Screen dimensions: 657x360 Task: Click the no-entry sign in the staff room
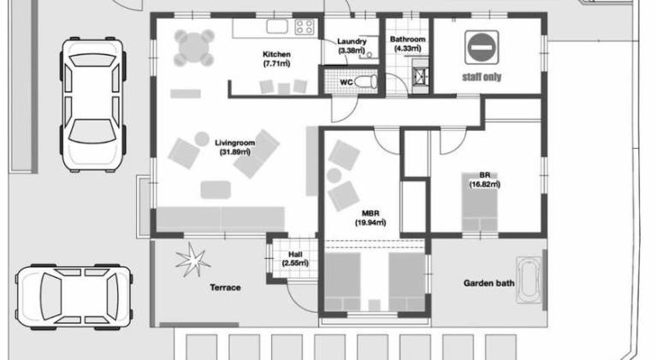[x=482, y=47]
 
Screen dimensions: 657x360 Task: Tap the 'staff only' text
[x=482, y=77]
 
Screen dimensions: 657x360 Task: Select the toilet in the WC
[x=366, y=81]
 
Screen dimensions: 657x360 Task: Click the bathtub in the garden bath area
[x=529, y=280]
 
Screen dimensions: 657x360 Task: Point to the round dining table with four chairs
[x=194, y=48]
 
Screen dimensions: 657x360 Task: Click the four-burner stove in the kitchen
[x=305, y=27]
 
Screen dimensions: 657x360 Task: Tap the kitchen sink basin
[x=277, y=27]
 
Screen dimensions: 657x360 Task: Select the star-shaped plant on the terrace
[x=192, y=260]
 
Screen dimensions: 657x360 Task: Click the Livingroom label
[x=234, y=143]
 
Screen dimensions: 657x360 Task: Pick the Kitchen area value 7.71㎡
[x=276, y=63]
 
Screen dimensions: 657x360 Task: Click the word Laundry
[x=352, y=41]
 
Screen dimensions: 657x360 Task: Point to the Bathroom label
[x=407, y=39]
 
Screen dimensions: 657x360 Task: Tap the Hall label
[x=295, y=255]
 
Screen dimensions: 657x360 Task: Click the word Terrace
[x=225, y=287]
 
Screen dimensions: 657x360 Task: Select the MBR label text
[x=370, y=214]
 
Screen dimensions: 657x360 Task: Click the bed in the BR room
[x=480, y=202]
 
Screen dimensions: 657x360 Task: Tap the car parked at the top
[x=92, y=104]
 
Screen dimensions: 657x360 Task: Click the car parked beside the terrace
[x=74, y=297]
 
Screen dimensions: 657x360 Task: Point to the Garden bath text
[x=488, y=283]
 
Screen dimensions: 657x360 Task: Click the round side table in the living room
[x=202, y=139]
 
